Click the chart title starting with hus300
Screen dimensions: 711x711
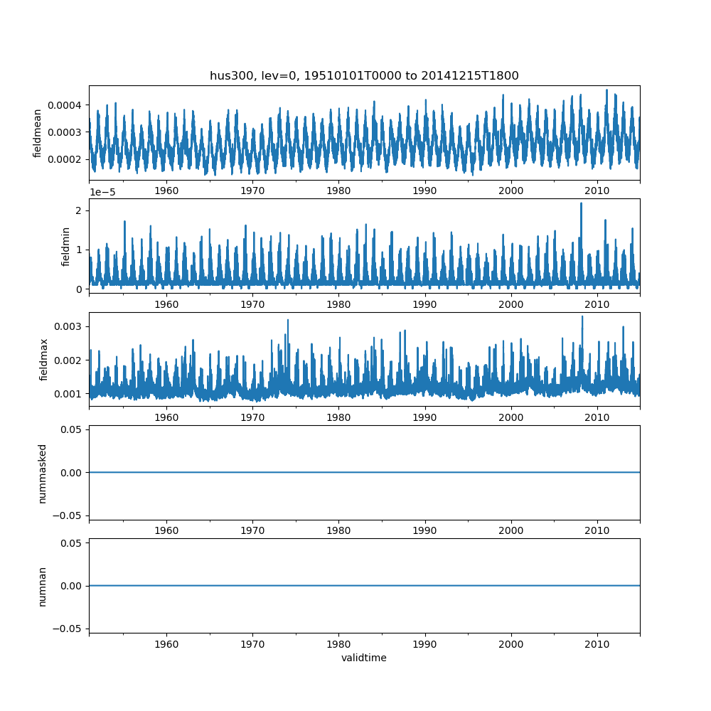coord(364,75)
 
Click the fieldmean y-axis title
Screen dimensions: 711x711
coord(38,133)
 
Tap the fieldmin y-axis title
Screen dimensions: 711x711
coord(65,246)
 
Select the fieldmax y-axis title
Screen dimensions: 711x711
coord(45,359)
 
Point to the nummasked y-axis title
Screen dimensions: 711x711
coord(43,472)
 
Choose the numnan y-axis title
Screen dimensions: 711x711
coord(43,586)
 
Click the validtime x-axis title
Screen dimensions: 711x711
coord(364,658)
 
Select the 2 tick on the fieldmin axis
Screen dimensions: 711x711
coord(80,210)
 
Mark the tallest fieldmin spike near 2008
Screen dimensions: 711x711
coord(581,204)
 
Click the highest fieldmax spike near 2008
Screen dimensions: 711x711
coord(582,317)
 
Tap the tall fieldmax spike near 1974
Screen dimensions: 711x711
coord(288,321)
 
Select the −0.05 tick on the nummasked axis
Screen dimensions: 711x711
coord(64,515)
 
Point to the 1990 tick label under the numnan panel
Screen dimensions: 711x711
coord(424,644)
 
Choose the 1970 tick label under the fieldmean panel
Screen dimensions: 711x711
coord(252,191)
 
